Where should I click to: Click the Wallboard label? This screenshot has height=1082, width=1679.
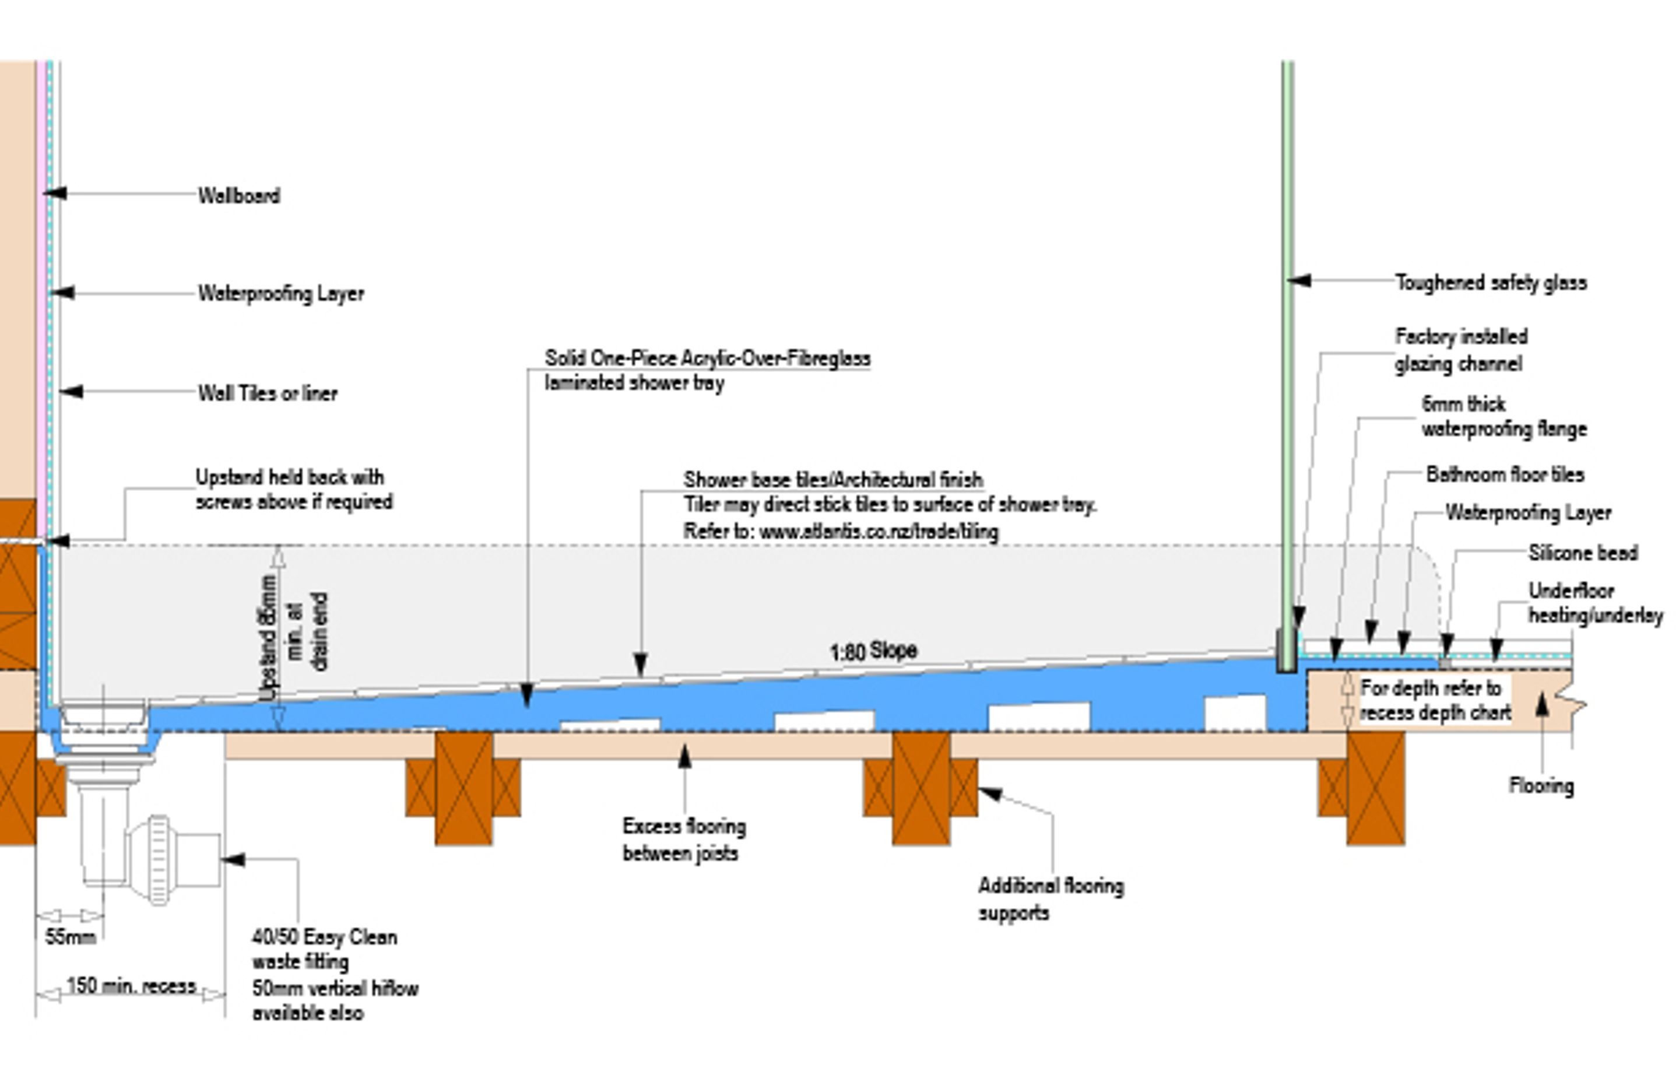pos(239,195)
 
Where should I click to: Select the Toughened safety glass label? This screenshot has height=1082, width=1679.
pos(1490,282)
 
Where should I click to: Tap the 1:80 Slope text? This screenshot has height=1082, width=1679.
pos(873,651)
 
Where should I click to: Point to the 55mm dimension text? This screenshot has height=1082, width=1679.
pos(71,937)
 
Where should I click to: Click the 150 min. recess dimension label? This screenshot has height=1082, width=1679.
pos(131,986)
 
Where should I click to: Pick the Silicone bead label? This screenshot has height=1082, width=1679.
pos(1583,553)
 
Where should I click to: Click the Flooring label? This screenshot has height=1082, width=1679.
pos(1541,785)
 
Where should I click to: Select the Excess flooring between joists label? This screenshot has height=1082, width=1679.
pos(683,839)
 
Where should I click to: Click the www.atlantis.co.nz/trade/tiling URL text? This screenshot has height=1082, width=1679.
pos(878,532)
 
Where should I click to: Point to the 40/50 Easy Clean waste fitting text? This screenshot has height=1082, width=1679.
pos(324,948)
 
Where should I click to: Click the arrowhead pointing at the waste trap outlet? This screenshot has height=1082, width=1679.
pos(234,859)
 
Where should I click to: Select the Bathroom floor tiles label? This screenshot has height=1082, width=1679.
pos(1505,475)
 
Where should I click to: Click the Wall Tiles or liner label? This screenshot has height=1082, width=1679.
pos(268,393)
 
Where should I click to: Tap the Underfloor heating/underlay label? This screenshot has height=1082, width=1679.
pos(1594,603)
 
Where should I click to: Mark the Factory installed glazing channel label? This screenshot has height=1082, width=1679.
pos(1460,350)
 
